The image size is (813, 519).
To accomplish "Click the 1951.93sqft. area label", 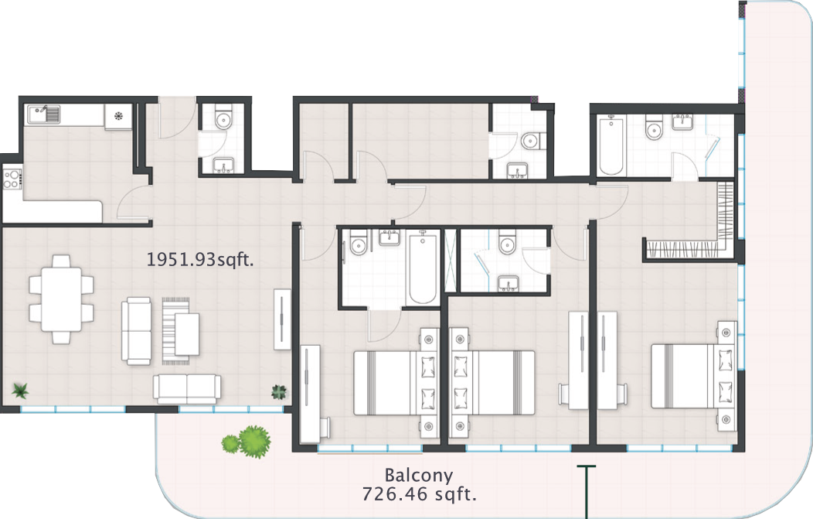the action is point(200,259).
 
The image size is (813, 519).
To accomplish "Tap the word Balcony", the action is point(419,476).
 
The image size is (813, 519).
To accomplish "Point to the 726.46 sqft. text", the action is point(419,493).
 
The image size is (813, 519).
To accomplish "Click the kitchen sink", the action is point(43,114).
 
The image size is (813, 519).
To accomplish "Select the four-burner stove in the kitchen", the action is point(12,179).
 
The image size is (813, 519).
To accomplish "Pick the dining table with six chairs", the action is point(61,299).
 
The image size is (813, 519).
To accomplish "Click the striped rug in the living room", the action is point(175,329).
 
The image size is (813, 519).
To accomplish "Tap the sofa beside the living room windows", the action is point(187,389).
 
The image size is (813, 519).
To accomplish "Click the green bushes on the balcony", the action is point(247,442).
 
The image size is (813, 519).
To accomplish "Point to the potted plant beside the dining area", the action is point(20,391).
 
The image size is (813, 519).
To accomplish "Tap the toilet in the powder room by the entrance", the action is point(223,119).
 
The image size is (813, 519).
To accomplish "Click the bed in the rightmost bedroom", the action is point(694,376).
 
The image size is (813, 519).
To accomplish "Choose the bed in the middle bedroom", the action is point(492,383).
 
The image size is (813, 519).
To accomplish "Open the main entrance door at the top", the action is point(177,118).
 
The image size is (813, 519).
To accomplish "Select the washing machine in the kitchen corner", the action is point(119,116).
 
